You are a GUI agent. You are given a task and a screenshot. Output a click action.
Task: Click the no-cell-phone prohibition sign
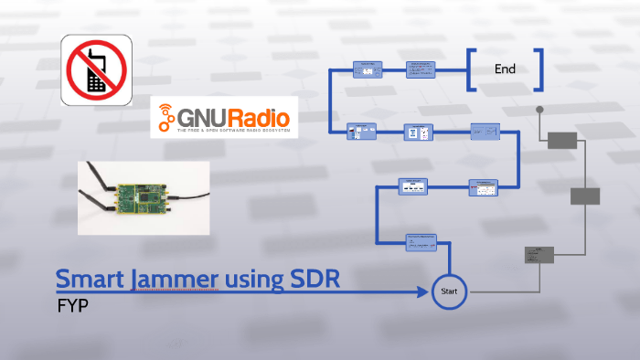tap(97, 69)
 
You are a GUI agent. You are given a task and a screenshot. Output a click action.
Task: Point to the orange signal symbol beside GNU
tap(165, 118)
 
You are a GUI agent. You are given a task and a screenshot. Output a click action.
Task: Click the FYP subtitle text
tap(71, 304)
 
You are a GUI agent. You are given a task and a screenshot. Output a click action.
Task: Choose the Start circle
tap(449, 292)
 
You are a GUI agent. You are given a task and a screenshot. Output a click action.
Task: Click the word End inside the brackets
tap(505, 69)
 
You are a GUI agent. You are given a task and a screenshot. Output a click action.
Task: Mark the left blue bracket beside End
tap(471, 69)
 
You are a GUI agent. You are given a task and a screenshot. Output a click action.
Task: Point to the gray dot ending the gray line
tap(540, 110)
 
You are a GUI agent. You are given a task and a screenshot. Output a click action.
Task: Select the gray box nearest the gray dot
tap(561, 140)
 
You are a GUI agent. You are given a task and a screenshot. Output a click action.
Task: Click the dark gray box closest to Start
tap(539, 255)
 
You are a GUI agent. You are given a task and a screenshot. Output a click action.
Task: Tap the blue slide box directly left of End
tap(421, 69)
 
